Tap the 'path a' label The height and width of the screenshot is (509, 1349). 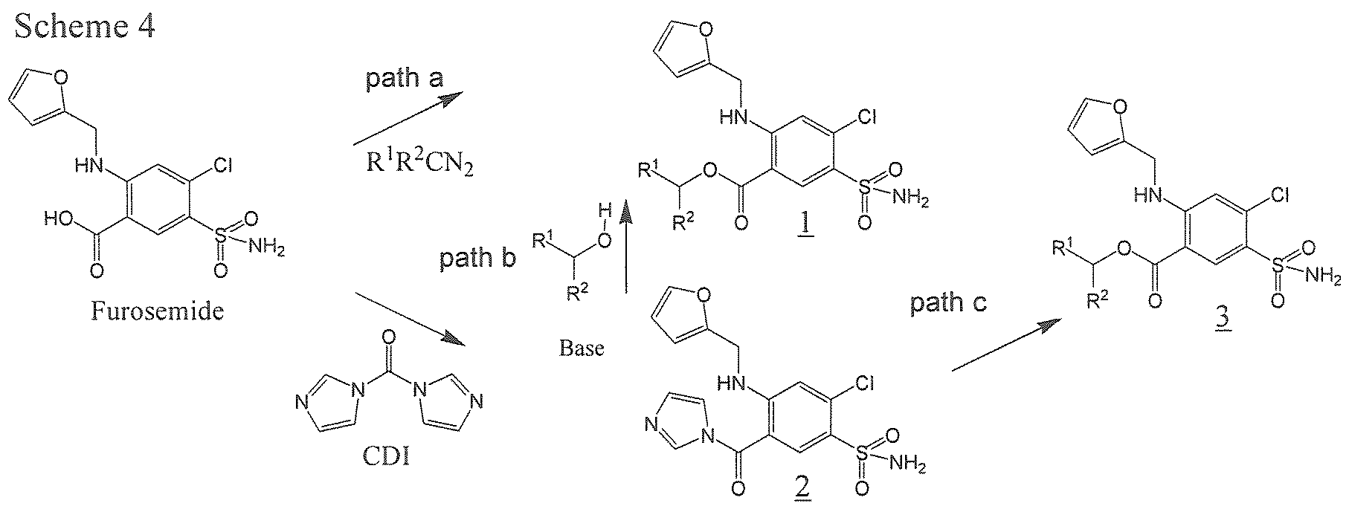click(405, 80)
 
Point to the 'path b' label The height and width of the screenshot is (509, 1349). click(477, 259)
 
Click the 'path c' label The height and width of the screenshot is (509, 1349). click(948, 304)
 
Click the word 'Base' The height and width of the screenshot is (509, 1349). click(582, 348)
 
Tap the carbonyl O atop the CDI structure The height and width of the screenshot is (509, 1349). click(387, 339)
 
